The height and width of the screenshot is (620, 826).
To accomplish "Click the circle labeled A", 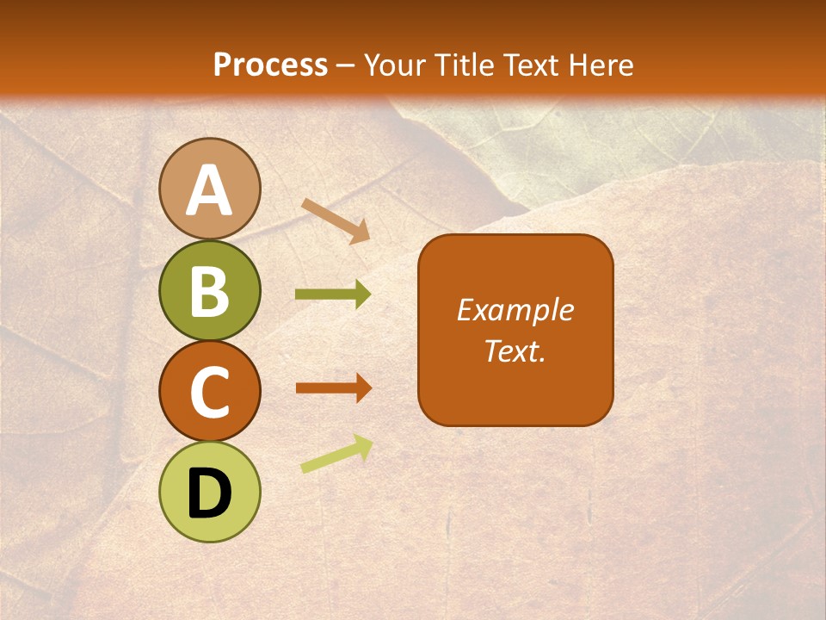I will click(x=209, y=189).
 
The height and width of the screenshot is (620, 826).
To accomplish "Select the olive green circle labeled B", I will click(x=209, y=290).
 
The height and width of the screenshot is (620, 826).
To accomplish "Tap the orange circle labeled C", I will click(x=209, y=391).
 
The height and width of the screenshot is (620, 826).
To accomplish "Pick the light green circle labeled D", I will click(x=209, y=492).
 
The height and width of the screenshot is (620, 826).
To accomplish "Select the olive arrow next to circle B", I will click(x=333, y=294).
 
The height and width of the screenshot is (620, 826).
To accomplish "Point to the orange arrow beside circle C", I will click(x=333, y=387).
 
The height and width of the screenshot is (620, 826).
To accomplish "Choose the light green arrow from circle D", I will click(x=336, y=454).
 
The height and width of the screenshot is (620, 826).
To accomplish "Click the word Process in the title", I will click(x=270, y=65).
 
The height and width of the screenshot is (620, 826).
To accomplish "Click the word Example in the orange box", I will click(x=515, y=310).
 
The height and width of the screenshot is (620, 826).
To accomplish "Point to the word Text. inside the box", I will click(x=515, y=350).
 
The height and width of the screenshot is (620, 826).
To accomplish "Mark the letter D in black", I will click(x=209, y=493).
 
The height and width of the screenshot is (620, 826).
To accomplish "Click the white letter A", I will click(x=209, y=190).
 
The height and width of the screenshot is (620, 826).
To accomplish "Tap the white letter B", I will click(x=209, y=291).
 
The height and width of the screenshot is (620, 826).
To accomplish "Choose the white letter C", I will click(x=209, y=392).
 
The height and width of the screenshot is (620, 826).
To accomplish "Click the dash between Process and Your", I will click(x=346, y=66).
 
